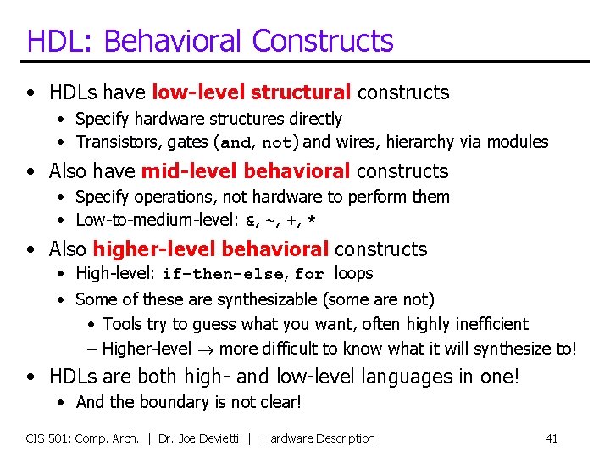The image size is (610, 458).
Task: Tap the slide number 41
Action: [551, 438]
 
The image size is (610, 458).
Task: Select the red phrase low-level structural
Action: [252, 92]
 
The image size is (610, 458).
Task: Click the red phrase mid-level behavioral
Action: [246, 170]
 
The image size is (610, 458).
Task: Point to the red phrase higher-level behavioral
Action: [211, 249]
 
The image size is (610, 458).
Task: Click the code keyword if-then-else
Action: [225, 274]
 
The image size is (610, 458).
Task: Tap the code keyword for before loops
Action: [309, 274]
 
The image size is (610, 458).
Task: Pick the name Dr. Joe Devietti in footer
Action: [203, 438]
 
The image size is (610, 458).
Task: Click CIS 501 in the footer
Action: [50, 438]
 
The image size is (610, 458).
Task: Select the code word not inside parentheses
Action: [276, 142]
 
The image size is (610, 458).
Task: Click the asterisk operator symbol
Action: [312, 221]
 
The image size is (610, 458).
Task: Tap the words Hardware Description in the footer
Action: [318, 438]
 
